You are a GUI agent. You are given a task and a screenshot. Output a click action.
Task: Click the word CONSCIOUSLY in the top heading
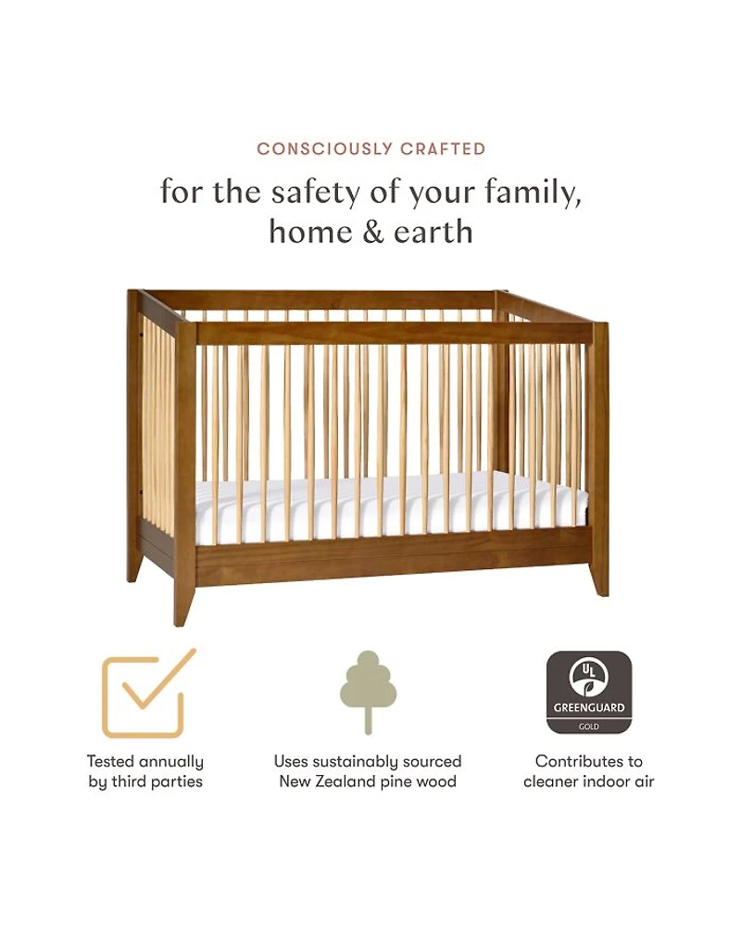tap(325, 148)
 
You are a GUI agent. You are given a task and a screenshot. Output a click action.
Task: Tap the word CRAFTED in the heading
tap(443, 148)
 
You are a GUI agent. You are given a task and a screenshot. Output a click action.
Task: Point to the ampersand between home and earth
tap(373, 232)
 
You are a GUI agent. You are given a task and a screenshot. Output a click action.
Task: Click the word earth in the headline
tap(433, 232)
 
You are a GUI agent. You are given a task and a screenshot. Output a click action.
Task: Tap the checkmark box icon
tap(148, 692)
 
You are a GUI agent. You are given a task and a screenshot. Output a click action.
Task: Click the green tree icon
tap(368, 692)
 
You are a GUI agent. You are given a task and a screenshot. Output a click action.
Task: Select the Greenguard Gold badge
tap(588, 692)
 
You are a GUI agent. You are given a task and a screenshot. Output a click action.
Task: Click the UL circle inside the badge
tap(588, 678)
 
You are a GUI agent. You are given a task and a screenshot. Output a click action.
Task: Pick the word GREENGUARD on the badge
tap(588, 707)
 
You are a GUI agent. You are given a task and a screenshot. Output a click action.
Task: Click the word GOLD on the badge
tap(588, 727)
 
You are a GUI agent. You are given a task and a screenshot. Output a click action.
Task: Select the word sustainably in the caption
tap(346, 762)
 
